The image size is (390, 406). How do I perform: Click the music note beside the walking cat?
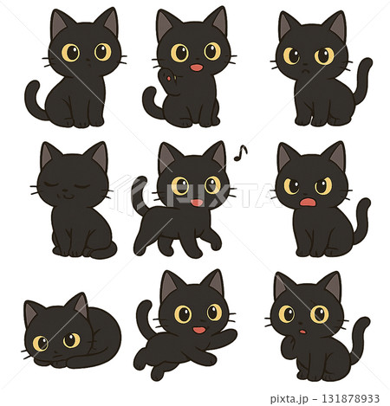tap(243, 153)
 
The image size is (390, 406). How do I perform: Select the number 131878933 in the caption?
tap(347, 399)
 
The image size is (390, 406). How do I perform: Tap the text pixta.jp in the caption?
tap(290, 399)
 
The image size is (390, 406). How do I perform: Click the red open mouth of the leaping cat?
tap(198, 329)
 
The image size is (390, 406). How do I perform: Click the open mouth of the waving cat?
tap(197, 67)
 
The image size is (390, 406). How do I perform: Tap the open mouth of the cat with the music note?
tap(197, 203)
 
